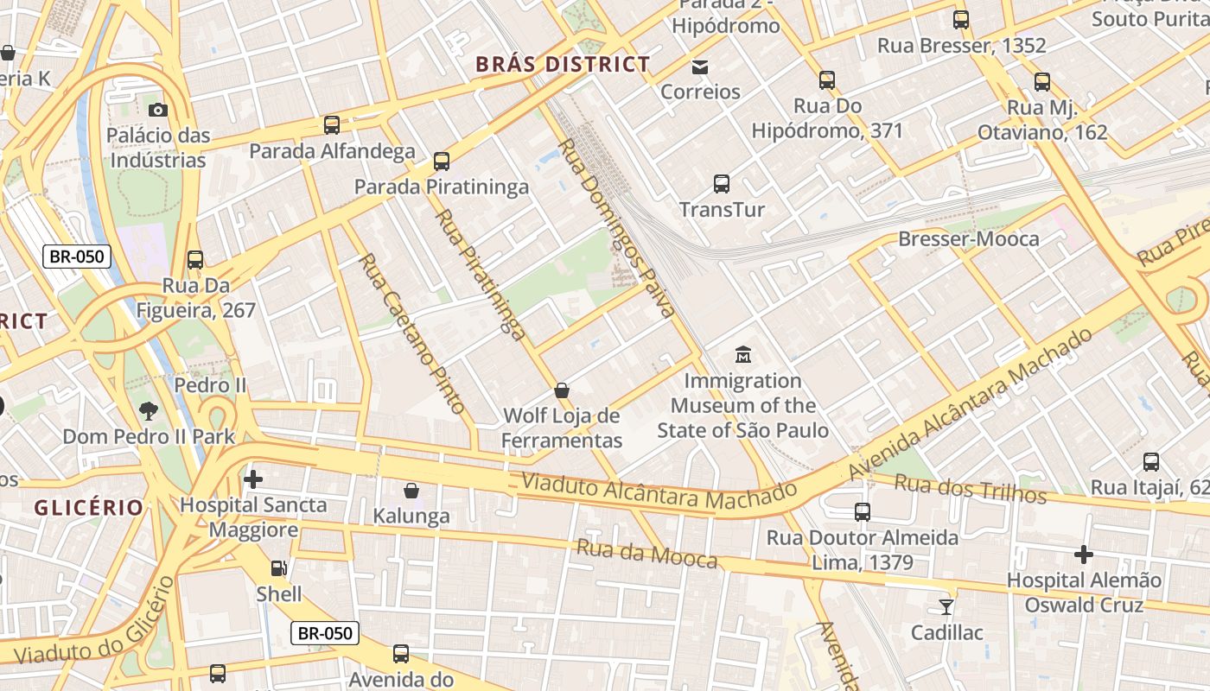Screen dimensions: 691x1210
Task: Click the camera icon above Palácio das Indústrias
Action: point(158,110)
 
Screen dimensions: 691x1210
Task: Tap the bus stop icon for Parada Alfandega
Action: point(332,125)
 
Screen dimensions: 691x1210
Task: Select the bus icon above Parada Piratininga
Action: point(442,161)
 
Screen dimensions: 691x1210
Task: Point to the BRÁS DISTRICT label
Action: point(563,64)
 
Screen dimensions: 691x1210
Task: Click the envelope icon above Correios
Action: point(700,67)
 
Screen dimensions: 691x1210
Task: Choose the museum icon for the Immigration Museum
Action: point(742,354)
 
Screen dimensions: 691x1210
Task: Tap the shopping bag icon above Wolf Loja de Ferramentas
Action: point(562,390)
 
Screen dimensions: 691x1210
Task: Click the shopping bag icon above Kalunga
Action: point(411,491)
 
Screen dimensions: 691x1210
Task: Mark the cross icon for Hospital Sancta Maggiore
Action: point(253,479)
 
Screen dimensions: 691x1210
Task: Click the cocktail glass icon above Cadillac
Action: point(946,606)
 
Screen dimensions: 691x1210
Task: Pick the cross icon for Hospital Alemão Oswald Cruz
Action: point(1084,554)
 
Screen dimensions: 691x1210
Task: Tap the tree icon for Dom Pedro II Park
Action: point(149,410)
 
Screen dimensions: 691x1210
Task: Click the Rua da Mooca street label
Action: point(646,554)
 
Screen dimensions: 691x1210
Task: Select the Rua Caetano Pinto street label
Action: point(412,333)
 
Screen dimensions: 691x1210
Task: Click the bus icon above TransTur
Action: point(722,183)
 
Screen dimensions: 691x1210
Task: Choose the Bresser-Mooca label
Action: point(969,238)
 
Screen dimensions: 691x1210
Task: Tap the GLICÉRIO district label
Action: point(88,507)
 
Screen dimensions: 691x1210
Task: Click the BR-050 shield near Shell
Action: point(325,633)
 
